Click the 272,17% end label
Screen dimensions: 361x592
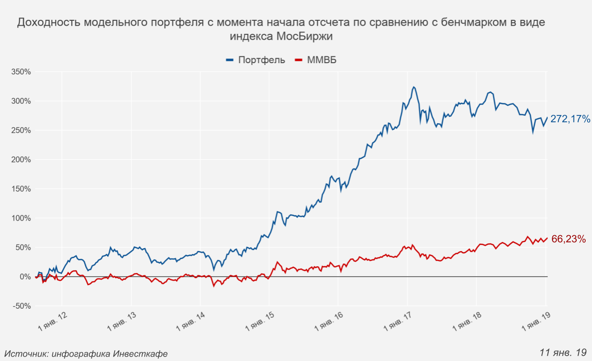570,120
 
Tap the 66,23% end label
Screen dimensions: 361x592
569,239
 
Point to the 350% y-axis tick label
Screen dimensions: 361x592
21,72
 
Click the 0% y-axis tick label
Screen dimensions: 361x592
24,277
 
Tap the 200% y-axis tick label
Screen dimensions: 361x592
21,160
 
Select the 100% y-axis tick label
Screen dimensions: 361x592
21,218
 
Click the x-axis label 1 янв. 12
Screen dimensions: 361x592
53,322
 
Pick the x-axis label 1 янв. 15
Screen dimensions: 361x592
260,322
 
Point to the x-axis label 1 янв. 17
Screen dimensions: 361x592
399,322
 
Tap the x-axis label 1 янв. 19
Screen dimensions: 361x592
537,322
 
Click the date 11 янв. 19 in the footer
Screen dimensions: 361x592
563,352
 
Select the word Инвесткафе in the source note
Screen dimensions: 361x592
140,354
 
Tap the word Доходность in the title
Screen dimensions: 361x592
48,23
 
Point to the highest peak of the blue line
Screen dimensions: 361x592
413,87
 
